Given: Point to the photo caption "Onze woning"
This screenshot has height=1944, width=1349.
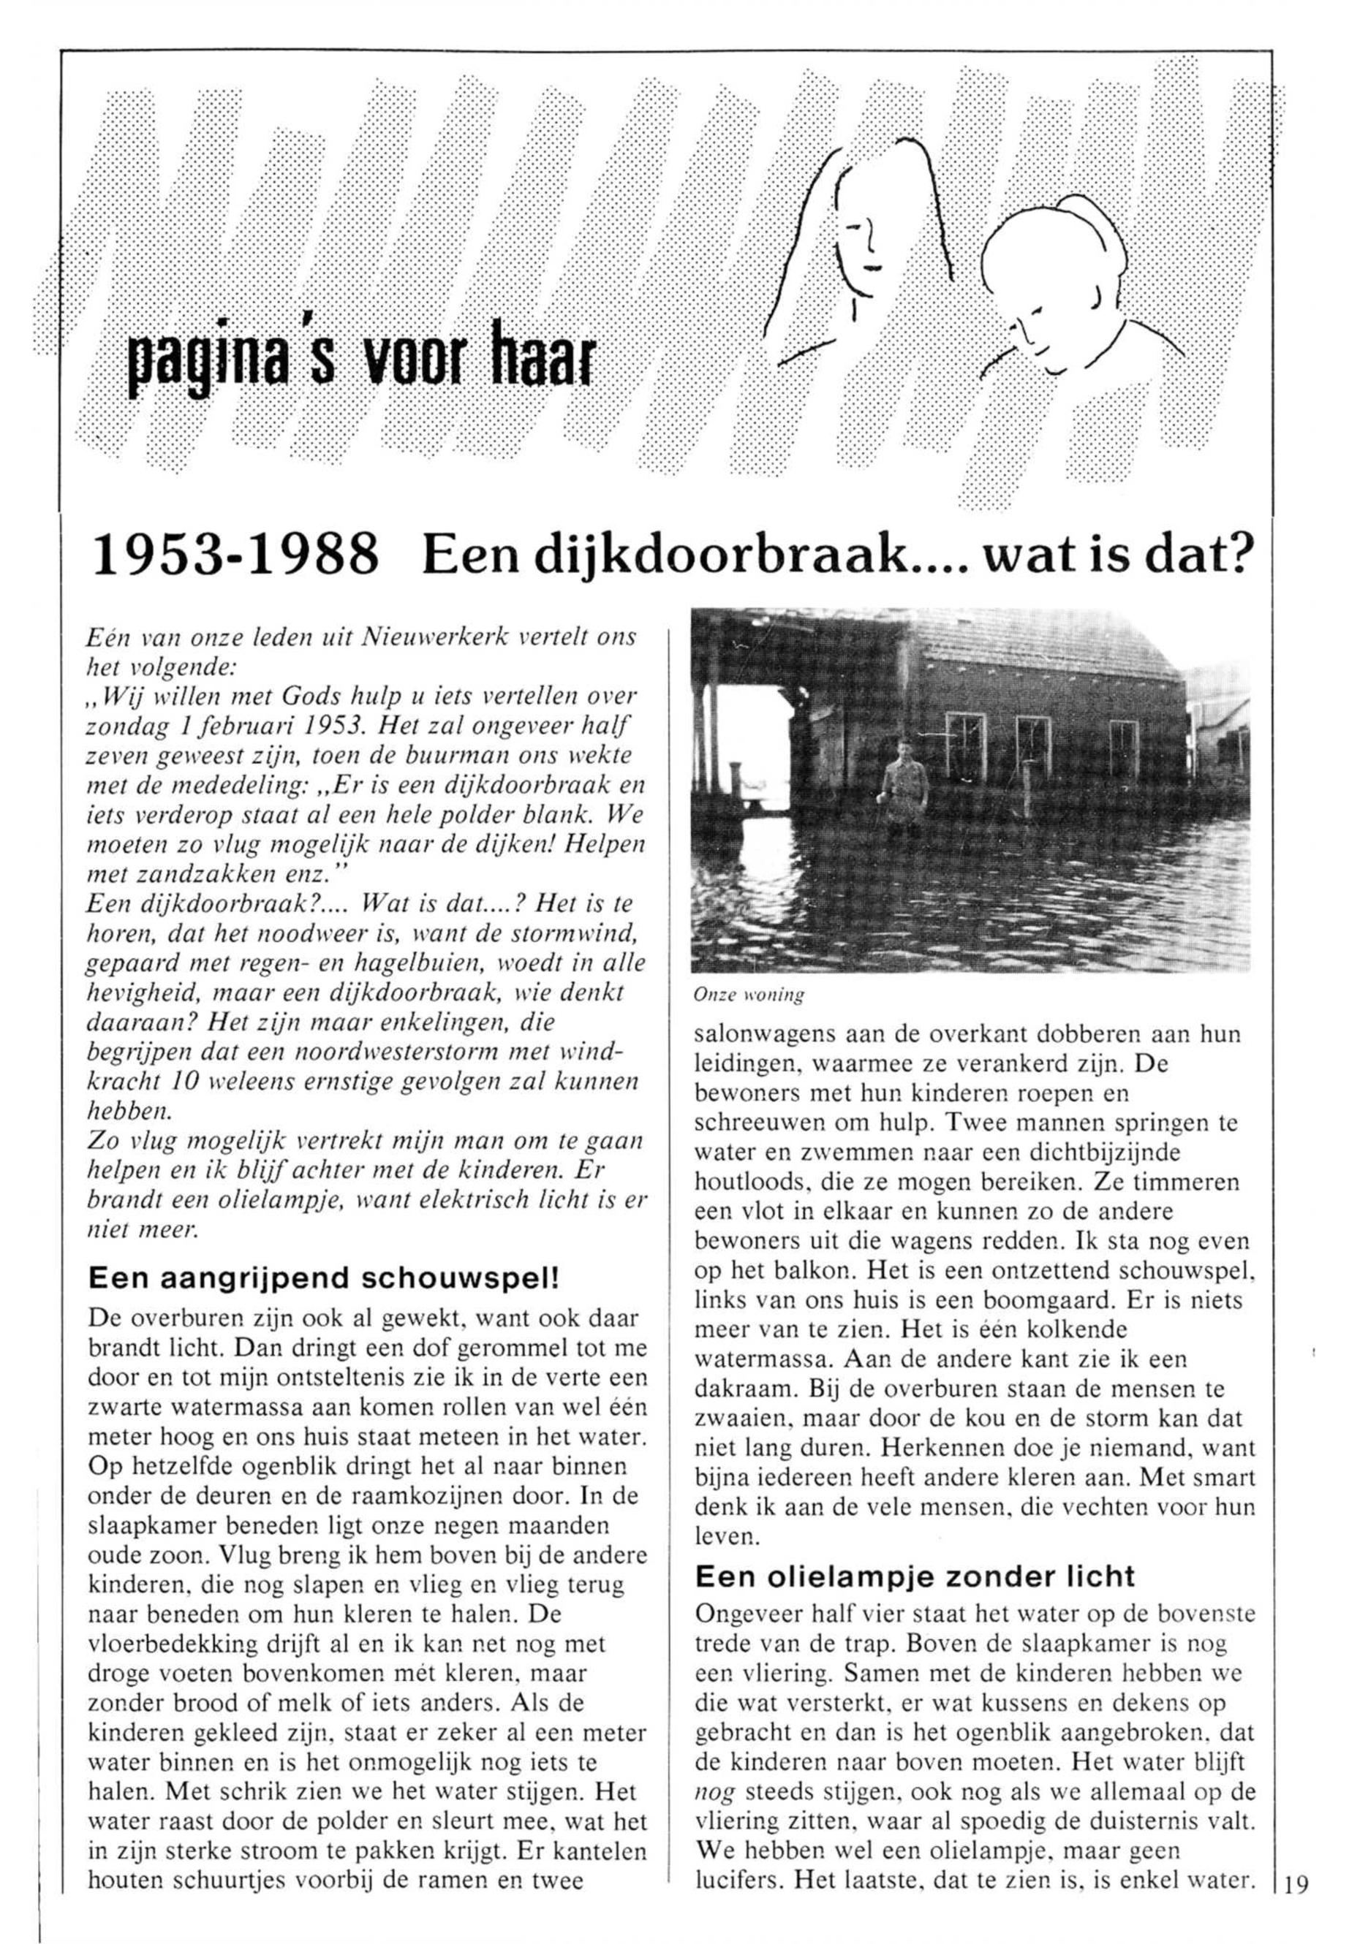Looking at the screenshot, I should [x=748, y=995].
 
